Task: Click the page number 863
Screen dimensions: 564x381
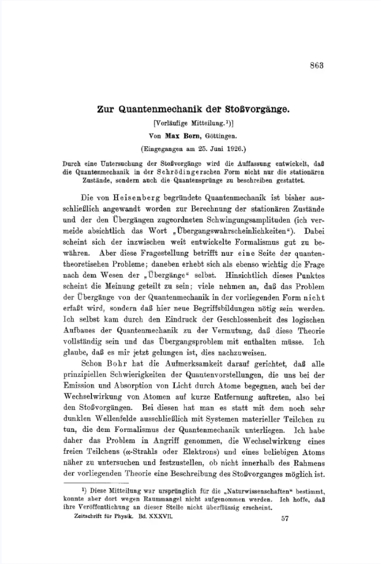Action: (317, 66)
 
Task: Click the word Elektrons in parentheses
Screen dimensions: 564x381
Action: (201, 452)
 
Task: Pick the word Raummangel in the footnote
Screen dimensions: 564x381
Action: (147, 499)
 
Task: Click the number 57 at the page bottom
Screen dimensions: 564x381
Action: (285, 518)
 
